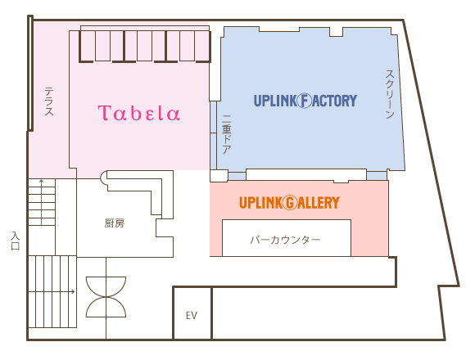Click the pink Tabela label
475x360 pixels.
[139, 113]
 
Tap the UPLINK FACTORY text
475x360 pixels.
[305, 101]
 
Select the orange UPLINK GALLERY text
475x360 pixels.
[289, 202]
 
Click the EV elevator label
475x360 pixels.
[192, 316]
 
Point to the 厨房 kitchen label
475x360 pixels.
[115, 223]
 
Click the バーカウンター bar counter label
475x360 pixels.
[285, 240]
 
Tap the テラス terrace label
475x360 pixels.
[49, 101]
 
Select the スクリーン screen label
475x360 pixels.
[390, 94]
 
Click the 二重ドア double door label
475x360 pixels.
[227, 133]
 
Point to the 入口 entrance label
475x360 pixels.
[15, 241]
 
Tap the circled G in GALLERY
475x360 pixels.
[290, 203]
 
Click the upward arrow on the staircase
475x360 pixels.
[41, 199]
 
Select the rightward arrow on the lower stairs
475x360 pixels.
[52, 291]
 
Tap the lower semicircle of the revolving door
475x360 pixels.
[106, 307]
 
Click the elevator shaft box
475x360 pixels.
[192, 313]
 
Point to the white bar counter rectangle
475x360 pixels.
[287, 238]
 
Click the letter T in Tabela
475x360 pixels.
[103, 113]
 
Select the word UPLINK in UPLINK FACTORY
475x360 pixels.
[274, 101]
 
